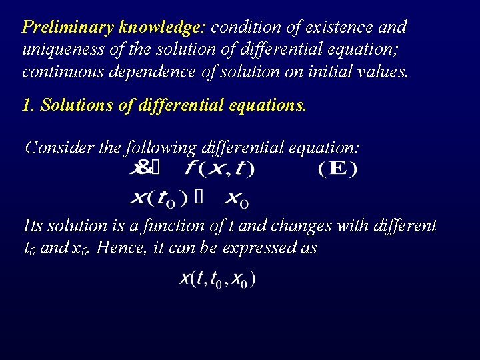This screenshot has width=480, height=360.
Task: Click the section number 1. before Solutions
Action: pos(29,105)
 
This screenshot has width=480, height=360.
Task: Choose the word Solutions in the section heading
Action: pos(75,105)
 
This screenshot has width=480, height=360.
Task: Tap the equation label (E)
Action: pos(337,169)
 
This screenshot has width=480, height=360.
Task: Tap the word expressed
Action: pos(266,248)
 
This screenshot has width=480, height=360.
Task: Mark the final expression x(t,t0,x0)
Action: pos(217,279)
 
